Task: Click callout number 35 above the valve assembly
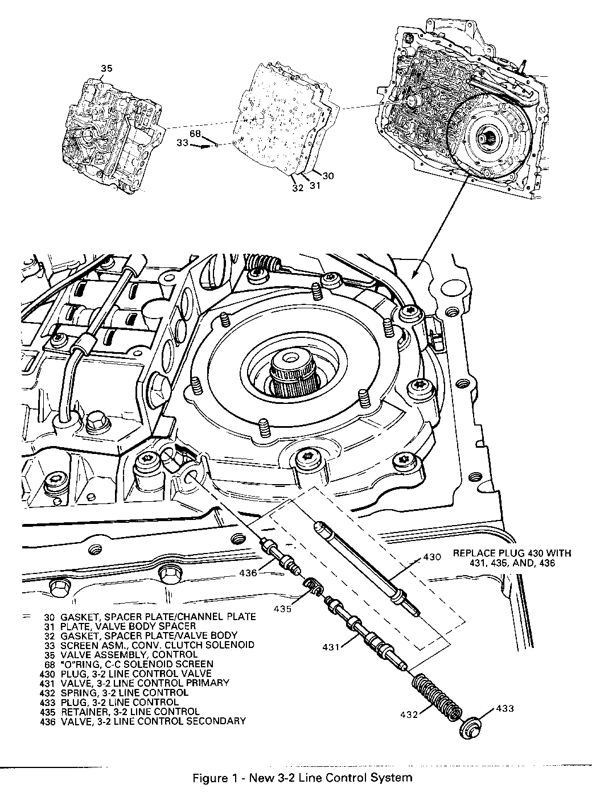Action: tap(106, 69)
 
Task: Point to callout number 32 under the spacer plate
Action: tap(298, 188)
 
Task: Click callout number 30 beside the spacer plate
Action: tap(329, 176)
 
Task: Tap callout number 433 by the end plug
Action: tap(505, 708)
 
